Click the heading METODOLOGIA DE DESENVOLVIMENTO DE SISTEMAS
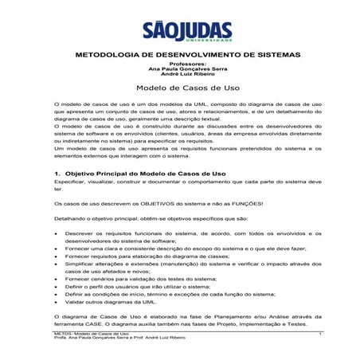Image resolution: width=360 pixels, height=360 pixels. pyautogui.click(x=180, y=56)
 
